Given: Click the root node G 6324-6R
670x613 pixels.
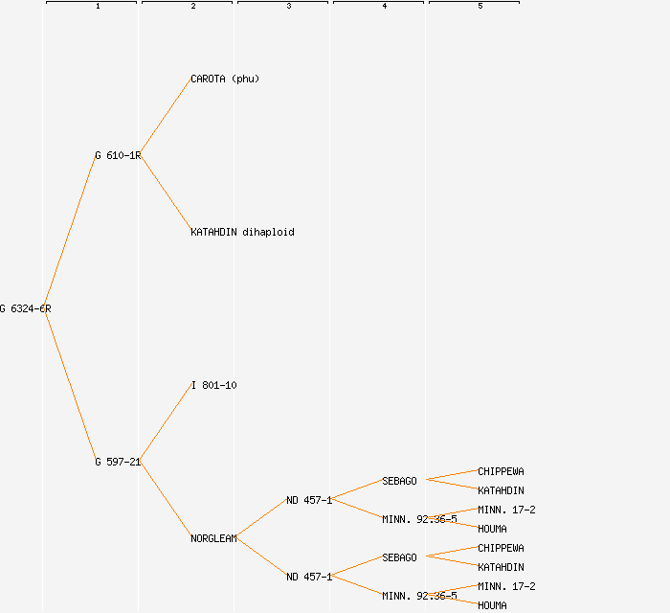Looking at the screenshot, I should coord(26,308).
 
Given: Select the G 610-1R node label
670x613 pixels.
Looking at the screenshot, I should coord(118,155).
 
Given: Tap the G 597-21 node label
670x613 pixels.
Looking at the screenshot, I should coord(118,462).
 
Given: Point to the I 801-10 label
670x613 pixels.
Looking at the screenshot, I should coord(213,385).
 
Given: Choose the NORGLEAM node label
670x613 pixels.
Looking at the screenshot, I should coord(213,538).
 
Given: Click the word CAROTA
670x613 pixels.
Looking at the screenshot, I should coord(208,79).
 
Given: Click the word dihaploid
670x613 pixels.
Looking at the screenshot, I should coord(268,232).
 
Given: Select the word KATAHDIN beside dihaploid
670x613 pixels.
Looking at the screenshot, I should coord(213,232).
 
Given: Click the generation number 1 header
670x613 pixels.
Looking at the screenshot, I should coord(98,7).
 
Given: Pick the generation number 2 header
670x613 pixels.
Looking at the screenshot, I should coord(193,7).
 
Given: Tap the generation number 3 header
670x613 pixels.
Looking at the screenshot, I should coord(289,7).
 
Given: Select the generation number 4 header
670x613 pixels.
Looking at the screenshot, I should coord(385,7).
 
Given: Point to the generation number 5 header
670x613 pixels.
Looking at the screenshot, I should coord(480,7).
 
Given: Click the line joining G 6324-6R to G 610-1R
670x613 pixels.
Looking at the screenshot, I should coord(69,232).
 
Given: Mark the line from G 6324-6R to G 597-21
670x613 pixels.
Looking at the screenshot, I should coord(69,385).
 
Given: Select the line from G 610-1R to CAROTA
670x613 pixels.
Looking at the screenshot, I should coord(166,117).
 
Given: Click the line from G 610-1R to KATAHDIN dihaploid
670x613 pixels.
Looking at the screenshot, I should coord(166,193).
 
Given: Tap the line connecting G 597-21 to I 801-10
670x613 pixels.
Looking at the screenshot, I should coord(166,423).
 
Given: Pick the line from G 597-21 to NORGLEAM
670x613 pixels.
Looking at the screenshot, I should coord(166,500).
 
